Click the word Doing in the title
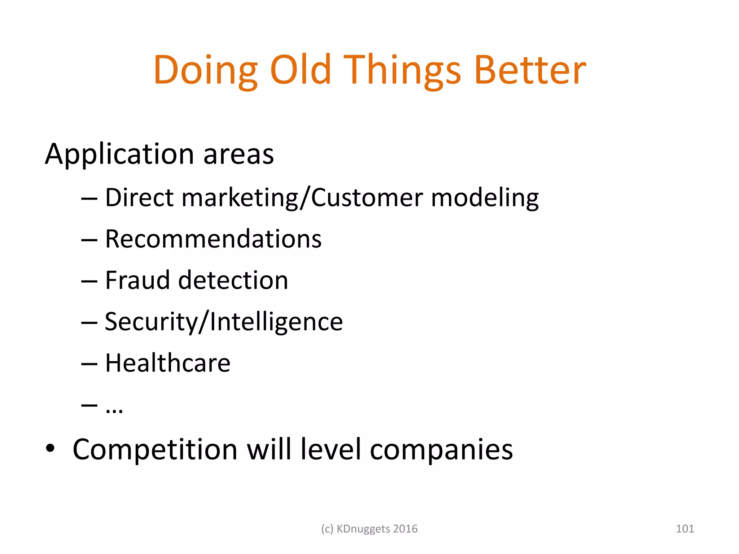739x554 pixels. [205, 70]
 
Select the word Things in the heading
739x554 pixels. [402, 70]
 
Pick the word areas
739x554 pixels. [239, 154]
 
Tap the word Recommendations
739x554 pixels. [213, 239]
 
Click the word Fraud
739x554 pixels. [137, 280]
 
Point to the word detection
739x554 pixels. [233, 280]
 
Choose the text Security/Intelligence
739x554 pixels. [224, 322]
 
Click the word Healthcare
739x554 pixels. [168, 363]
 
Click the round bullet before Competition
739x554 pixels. [50, 448]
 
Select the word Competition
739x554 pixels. [155, 449]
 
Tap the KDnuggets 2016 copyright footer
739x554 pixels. [369, 529]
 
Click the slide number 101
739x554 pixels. [685, 529]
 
